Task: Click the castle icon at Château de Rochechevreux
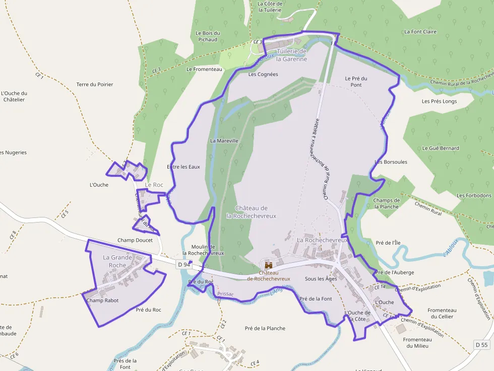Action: tap(268, 265)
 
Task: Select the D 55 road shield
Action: tap(482, 345)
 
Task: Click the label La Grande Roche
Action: tap(117, 261)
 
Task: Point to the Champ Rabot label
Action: tap(102, 301)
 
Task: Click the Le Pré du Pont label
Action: tap(356, 82)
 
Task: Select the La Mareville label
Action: tap(224, 141)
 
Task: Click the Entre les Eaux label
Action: tap(183, 167)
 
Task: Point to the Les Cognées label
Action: tap(263, 74)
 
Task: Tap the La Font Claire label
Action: tap(420, 32)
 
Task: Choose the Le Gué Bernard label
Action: tap(441, 148)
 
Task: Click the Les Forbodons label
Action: tap(474, 195)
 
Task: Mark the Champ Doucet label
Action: tap(135, 240)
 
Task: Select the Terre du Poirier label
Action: tap(95, 85)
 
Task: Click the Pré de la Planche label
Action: tap(265, 328)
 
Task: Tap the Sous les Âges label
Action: tap(321, 278)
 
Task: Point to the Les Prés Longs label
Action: tap(439, 101)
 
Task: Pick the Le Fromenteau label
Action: tap(204, 69)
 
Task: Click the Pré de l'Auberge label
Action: tap(395, 272)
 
